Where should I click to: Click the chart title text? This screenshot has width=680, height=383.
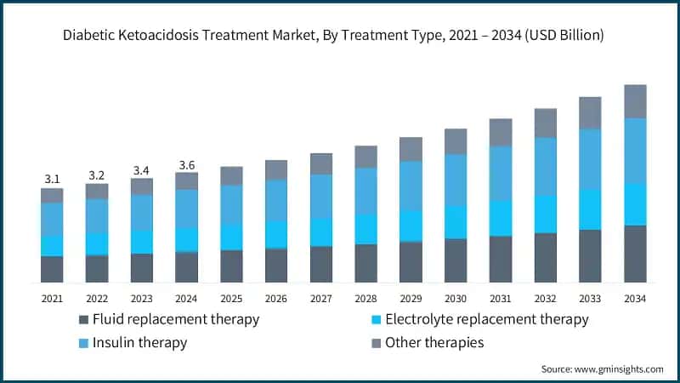(x=339, y=35)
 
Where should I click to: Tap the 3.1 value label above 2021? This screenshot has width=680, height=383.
(x=52, y=179)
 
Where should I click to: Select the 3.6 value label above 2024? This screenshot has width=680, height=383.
(x=186, y=164)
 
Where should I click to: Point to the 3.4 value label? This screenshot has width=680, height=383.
(x=141, y=170)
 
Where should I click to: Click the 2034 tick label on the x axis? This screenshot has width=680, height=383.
(x=635, y=298)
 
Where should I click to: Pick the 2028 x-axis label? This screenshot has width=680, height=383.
(x=365, y=298)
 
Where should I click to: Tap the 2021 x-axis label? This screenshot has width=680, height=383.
(x=52, y=298)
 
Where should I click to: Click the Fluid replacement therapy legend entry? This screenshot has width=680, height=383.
(x=167, y=320)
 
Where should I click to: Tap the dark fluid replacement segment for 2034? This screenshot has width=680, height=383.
(x=635, y=254)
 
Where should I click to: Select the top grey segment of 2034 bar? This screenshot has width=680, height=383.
(x=635, y=101)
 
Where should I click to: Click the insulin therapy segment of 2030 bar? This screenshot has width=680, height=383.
(x=456, y=180)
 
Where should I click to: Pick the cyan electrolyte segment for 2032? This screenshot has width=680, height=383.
(x=545, y=214)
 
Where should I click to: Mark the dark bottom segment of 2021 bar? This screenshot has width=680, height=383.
(x=52, y=269)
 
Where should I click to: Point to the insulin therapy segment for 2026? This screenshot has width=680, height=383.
(x=276, y=201)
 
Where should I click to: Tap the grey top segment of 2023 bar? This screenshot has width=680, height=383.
(x=141, y=186)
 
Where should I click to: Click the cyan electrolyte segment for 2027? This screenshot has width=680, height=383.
(x=321, y=232)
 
